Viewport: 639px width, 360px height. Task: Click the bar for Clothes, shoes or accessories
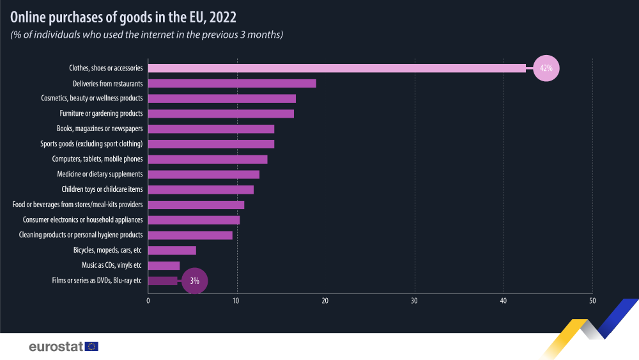(x=337, y=68)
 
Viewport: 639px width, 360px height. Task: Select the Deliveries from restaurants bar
(x=232, y=83)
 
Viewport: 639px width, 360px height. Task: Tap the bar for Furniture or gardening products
(x=221, y=113)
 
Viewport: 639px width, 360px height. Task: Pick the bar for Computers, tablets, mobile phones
(x=208, y=159)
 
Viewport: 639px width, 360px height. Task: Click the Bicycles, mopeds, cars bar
(x=172, y=250)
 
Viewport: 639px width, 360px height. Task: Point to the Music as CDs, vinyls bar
(x=164, y=265)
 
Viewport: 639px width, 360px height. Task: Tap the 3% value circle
(x=195, y=281)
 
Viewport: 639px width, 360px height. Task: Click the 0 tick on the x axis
(x=148, y=301)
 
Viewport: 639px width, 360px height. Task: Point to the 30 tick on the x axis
(x=415, y=301)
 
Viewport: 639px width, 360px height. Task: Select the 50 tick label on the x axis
(x=592, y=301)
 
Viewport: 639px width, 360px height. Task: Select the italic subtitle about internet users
(x=146, y=35)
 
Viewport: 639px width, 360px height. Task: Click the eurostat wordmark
(x=56, y=347)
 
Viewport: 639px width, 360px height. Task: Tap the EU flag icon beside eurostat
(x=92, y=347)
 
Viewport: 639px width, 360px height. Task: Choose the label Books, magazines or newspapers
(x=100, y=129)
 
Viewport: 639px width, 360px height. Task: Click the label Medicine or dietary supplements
(x=100, y=174)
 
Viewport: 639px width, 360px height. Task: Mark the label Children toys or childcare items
(x=102, y=189)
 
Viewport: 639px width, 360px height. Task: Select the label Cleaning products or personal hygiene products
(x=81, y=235)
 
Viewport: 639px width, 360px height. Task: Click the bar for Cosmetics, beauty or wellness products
(x=222, y=98)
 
